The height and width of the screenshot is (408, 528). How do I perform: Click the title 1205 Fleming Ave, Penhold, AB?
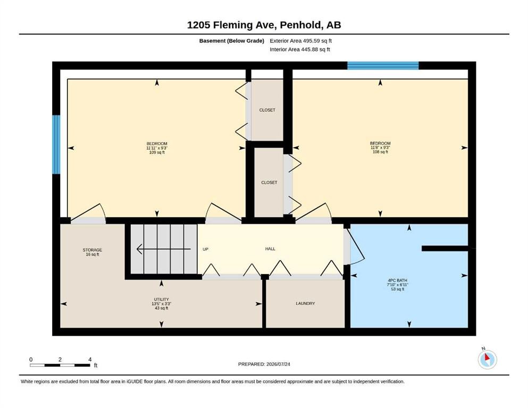click(264, 25)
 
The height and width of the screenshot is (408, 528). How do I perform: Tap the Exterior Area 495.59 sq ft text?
click(301, 41)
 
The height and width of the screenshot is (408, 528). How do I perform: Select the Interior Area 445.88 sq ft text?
click(300, 49)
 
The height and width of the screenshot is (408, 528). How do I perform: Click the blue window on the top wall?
click(383, 65)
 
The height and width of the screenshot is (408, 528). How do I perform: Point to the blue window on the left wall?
click(56, 144)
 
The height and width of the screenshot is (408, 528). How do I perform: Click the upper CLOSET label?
click(267, 110)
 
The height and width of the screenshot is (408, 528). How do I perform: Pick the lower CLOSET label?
click(269, 182)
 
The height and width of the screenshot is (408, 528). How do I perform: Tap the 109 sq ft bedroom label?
click(157, 148)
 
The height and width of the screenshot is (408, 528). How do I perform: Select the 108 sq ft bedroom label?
click(380, 147)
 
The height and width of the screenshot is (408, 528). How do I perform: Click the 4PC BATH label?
click(397, 285)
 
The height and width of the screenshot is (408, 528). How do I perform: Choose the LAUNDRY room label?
click(305, 303)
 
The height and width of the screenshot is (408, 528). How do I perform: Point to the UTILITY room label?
click(161, 304)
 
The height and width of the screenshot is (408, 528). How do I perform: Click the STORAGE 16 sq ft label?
click(93, 252)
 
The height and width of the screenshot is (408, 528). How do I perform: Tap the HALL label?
click(270, 249)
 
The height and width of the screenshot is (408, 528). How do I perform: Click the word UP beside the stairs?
click(205, 249)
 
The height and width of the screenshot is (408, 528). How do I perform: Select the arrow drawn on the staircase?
click(164, 249)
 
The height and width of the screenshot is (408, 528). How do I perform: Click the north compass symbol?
click(487, 359)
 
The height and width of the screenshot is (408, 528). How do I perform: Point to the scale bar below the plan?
click(60, 365)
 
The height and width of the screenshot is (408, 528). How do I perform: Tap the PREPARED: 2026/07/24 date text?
click(264, 364)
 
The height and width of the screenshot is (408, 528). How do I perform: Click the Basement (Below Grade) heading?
click(232, 41)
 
